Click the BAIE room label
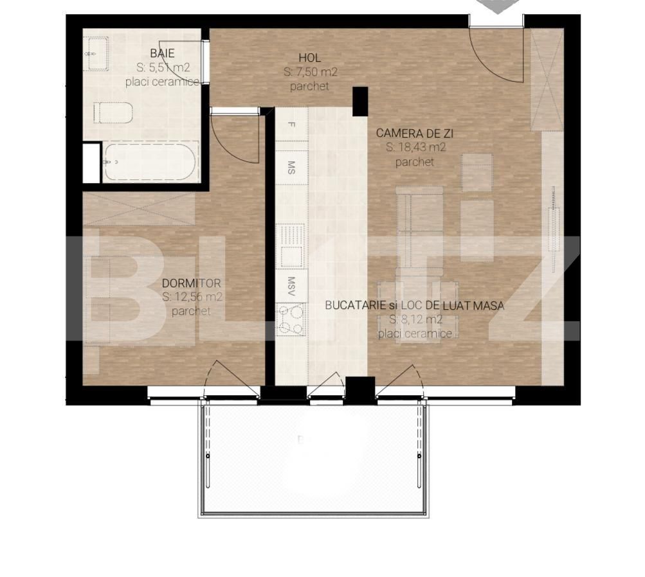point(162,53)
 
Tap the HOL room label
point(309,58)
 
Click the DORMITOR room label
point(191,283)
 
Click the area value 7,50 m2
point(310,72)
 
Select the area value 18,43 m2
point(415,148)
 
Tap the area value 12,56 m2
point(192,297)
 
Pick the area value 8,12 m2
point(415,319)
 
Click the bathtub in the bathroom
point(150,163)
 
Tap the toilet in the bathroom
point(113,113)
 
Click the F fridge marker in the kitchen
point(291,125)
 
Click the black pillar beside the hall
point(359,102)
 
